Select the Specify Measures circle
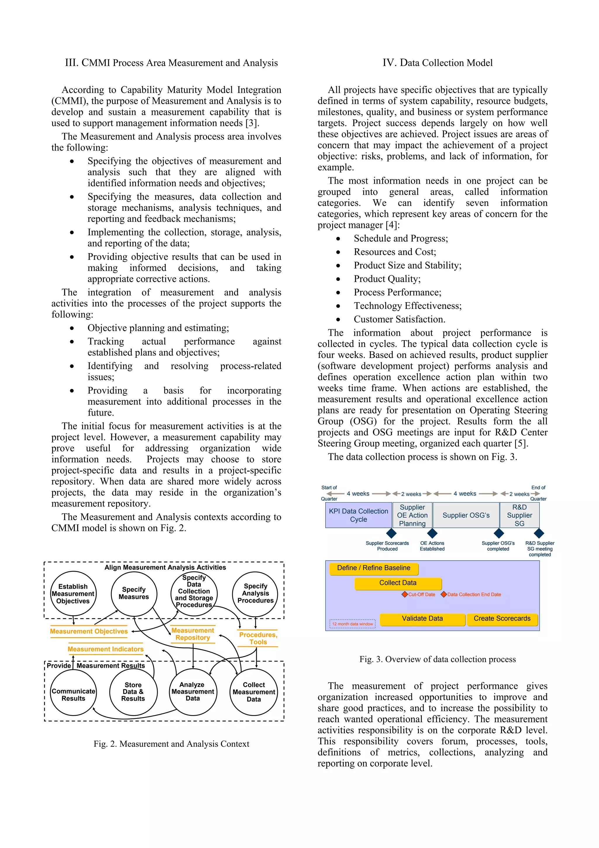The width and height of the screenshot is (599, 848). coord(134,593)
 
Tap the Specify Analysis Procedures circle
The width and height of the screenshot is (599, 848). coord(255,593)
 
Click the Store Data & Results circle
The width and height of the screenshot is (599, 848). coord(133,691)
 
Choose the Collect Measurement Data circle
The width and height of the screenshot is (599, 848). coord(254,691)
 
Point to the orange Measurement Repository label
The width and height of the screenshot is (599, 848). coord(193,634)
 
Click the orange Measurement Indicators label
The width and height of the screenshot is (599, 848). coord(106,649)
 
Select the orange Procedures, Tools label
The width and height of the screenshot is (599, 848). coord(258,638)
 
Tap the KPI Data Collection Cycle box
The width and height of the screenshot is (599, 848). coord(358,515)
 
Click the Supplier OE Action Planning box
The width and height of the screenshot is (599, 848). coord(412,515)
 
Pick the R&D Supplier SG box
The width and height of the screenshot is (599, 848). coord(519,515)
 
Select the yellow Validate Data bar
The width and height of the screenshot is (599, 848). coord(422,619)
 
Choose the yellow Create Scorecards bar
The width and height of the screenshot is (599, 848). coord(502,619)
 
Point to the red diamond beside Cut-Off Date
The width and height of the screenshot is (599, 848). coord(405,594)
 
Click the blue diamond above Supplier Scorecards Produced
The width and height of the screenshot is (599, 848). coord(391,533)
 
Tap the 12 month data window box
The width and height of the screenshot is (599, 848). coord(352,624)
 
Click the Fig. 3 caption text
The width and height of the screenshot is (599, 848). coord(437,659)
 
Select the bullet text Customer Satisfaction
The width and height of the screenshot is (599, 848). coord(399,319)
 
